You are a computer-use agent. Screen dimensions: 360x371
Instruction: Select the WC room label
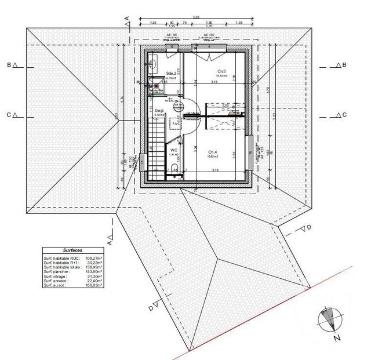pos(173,150)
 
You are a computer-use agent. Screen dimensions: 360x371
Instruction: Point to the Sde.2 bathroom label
pos(170,73)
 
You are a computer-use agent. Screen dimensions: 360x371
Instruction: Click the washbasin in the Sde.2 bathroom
pos(152,66)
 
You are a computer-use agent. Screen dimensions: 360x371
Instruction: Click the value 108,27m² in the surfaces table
pos(94,257)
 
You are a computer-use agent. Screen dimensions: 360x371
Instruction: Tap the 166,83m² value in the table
pos(94,285)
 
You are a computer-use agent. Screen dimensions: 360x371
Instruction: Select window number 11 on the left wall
pos(143,163)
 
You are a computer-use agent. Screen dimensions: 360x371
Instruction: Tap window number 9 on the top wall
pos(193,46)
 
